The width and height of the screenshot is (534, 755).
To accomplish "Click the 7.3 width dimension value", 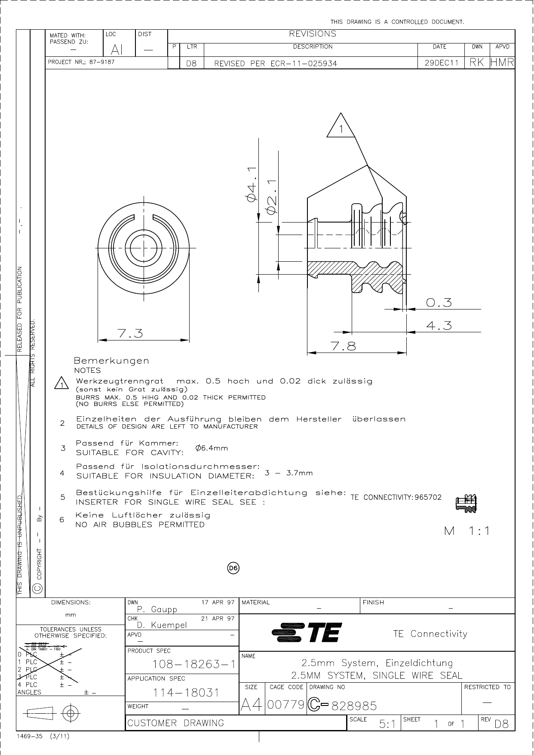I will pyautogui.click(x=130, y=334).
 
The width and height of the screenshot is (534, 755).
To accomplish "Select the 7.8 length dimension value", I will pyautogui.click(x=343, y=347).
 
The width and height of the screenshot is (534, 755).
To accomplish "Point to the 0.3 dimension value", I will pyautogui.click(x=439, y=303).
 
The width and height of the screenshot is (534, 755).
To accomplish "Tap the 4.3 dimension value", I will pyautogui.click(x=439, y=326).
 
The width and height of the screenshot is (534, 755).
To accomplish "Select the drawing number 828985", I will pyautogui.click(x=355, y=706).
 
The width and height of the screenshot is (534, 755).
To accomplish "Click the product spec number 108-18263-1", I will pyautogui.click(x=182, y=665).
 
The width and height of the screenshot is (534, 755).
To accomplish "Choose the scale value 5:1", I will pyautogui.click(x=387, y=724).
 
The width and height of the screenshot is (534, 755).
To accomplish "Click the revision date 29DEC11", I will pyautogui.click(x=442, y=63).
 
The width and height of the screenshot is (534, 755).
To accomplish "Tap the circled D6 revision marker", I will pyautogui.click(x=233, y=568).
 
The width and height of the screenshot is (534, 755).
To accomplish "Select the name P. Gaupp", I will pyautogui.click(x=157, y=609).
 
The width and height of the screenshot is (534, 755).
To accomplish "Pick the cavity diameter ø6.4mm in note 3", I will pyautogui.click(x=212, y=448).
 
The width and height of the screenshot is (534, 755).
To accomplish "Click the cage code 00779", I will pyautogui.click(x=286, y=705).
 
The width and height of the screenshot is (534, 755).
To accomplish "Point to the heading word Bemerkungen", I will pyautogui.click(x=112, y=360).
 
